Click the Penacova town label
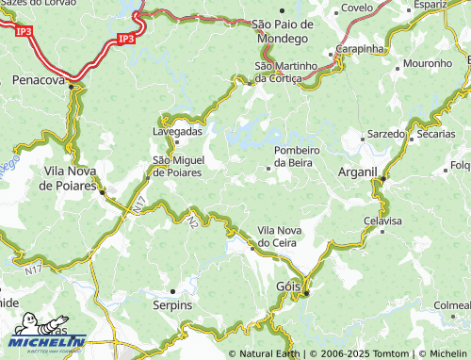click(x=37, y=81)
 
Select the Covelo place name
click(x=357, y=8)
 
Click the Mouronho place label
click(x=427, y=63)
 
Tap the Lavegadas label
click(x=177, y=131)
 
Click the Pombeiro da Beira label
click(x=305, y=156)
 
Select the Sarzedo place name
click(x=384, y=134)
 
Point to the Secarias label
click(x=436, y=134)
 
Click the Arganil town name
click(x=357, y=172)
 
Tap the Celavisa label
click(x=382, y=221)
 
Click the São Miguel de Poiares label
click(x=185, y=166)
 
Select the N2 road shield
click(x=193, y=222)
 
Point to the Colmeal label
click(x=451, y=305)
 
